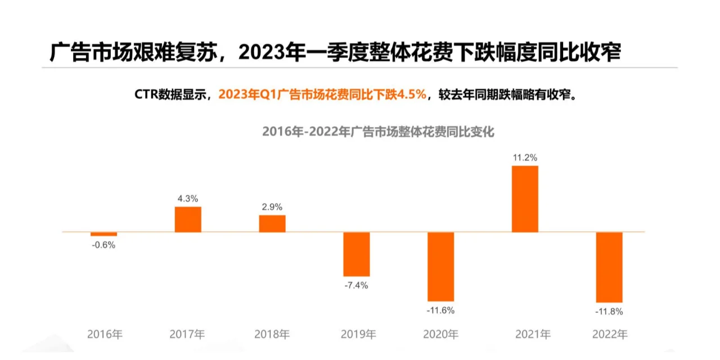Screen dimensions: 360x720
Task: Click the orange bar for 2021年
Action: [x=525, y=199]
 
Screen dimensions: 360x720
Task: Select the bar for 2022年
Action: [x=609, y=267]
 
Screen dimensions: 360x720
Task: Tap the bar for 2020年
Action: [x=440, y=267]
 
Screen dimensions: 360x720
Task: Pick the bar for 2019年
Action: [x=357, y=254]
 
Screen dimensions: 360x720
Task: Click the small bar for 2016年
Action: [x=104, y=234]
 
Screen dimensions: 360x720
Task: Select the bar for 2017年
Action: [x=188, y=219]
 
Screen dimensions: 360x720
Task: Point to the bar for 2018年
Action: [x=272, y=223]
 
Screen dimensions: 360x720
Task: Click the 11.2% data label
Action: [x=524, y=157]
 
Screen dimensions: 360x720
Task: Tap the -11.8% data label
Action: [x=610, y=311]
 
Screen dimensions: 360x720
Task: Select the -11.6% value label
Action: [x=440, y=310]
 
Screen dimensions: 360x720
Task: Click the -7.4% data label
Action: [x=356, y=285]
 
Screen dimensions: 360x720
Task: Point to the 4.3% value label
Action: [x=188, y=199]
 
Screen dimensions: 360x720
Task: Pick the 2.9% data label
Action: [x=272, y=207]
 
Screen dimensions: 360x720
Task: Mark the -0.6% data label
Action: [x=103, y=245]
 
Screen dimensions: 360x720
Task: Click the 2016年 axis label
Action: [x=105, y=334]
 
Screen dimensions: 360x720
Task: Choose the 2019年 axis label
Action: [x=358, y=334]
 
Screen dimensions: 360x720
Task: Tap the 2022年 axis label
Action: [x=610, y=334]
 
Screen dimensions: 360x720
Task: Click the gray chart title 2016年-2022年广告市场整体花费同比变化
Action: [x=378, y=132]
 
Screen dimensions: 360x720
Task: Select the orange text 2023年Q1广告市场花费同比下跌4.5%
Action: [x=322, y=94]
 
